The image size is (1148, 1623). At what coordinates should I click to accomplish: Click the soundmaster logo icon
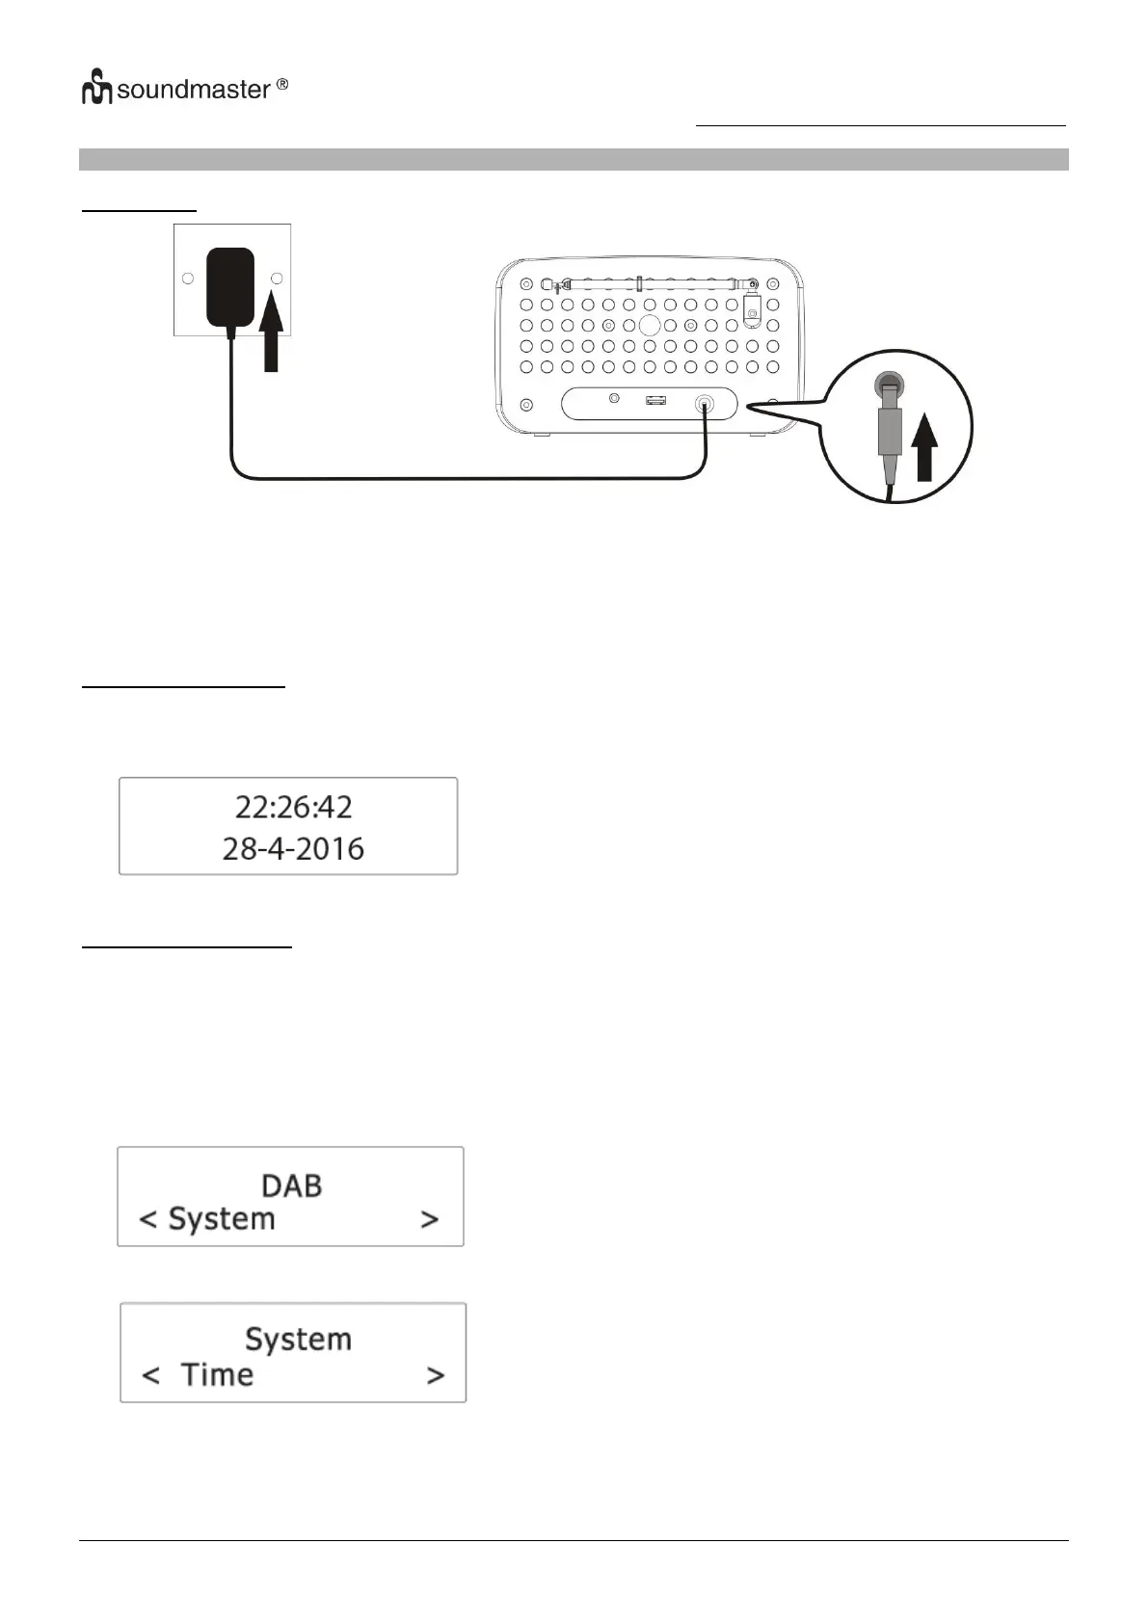point(96,89)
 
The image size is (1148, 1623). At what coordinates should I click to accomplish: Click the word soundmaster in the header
point(194,91)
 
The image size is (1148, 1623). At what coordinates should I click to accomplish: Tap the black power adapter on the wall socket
point(230,287)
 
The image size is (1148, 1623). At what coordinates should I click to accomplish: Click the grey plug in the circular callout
point(888,424)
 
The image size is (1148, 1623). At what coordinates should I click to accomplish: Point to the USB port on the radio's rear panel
point(655,398)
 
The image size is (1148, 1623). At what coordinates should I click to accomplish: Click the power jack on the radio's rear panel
point(707,403)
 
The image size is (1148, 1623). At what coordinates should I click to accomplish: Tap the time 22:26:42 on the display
point(293,806)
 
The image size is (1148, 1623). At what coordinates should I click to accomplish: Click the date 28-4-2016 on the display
point(293,848)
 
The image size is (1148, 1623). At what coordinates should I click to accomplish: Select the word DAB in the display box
point(291,1185)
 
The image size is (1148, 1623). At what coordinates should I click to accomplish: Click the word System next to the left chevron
point(222,1219)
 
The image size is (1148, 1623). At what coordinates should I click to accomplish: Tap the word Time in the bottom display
point(217,1374)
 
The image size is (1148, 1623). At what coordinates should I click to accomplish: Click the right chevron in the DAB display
point(430,1219)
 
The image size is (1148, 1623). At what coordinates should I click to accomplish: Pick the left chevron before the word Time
point(150,1374)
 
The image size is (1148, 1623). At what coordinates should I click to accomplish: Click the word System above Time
point(298,1339)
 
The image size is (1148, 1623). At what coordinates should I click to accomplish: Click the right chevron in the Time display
point(436,1374)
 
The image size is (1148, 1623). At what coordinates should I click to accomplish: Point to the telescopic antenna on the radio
point(651,284)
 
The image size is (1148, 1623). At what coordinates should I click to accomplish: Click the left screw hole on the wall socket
point(188,279)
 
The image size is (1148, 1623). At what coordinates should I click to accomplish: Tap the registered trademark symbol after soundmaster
point(282,85)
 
